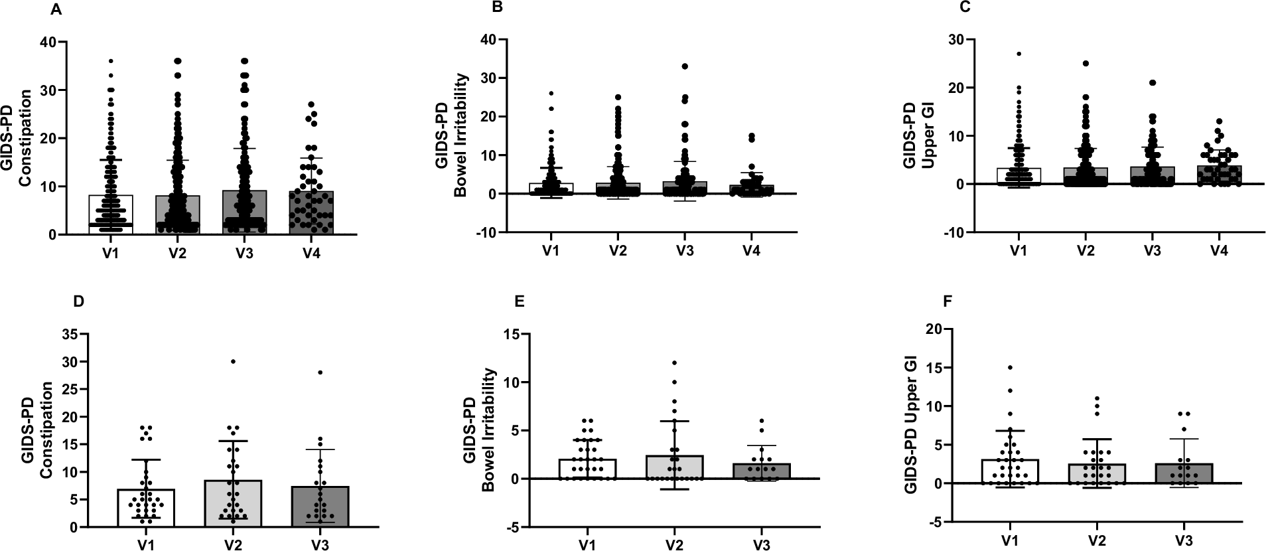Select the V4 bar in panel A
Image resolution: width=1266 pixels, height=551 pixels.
(x=311, y=212)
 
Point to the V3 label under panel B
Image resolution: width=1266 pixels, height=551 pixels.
(x=684, y=251)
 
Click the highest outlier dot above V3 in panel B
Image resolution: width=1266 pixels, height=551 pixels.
(x=685, y=66)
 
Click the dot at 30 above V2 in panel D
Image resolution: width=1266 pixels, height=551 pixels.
(x=233, y=362)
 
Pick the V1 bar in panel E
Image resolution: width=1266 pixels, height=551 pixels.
(x=587, y=469)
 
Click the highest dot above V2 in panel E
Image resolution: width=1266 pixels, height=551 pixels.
(x=674, y=362)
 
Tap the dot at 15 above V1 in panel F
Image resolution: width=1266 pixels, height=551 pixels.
(x=1010, y=367)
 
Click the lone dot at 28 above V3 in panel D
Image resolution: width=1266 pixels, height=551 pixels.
(x=320, y=372)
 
